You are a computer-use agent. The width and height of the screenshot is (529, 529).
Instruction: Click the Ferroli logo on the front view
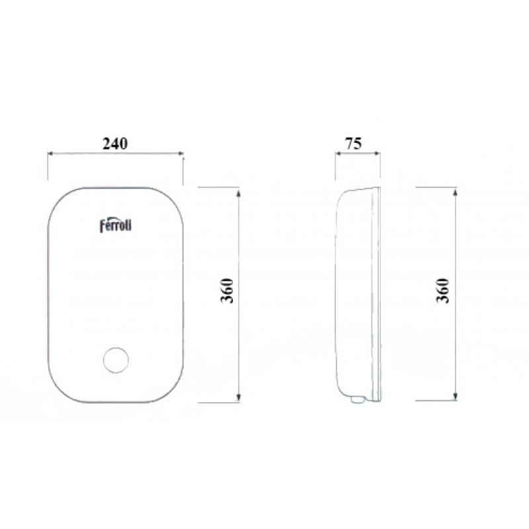(115, 225)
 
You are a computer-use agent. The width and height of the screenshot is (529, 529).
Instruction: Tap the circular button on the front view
(116, 360)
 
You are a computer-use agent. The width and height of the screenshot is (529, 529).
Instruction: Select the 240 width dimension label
(115, 143)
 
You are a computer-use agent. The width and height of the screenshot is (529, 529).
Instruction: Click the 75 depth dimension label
(353, 143)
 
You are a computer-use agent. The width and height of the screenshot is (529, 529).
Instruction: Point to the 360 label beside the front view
(227, 291)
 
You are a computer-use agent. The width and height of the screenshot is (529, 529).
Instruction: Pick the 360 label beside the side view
(443, 291)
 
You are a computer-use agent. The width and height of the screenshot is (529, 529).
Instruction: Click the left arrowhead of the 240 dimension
(51, 153)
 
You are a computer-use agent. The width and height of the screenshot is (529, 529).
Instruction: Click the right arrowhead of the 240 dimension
(180, 153)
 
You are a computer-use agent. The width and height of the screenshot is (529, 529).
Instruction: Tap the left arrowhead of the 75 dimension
(339, 153)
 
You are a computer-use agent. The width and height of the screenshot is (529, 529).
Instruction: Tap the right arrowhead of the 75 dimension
(377, 153)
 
